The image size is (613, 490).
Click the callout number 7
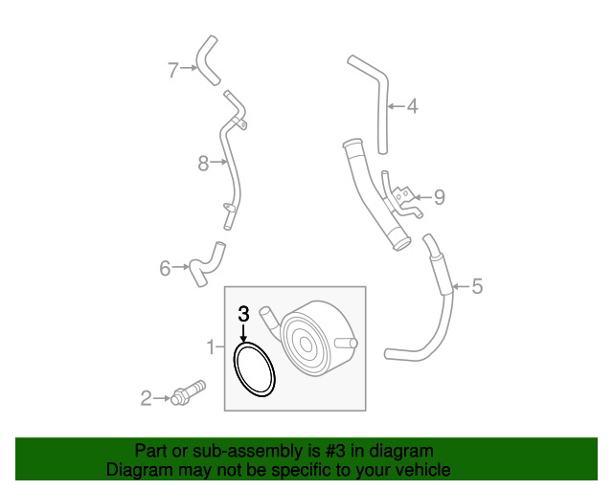click(173, 69)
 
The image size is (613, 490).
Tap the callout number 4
click(412, 106)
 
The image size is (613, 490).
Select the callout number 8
click(203, 164)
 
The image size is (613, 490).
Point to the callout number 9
click(439, 197)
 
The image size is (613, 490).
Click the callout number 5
click(477, 285)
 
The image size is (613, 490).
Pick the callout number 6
click(165, 268)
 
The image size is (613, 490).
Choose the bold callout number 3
click(243, 313)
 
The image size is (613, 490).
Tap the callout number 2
click(147, 397)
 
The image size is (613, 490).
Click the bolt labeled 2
click(188, 393)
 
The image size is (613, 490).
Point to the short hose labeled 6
click(203, 265)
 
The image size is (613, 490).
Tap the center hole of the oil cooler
click(305, 342)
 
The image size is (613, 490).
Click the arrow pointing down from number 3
click(243, 333)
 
